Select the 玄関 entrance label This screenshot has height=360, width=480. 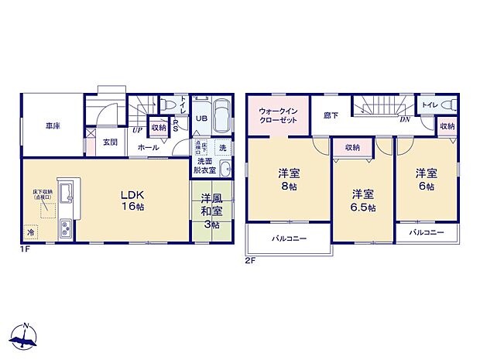pos(110,142)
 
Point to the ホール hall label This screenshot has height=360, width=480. pos(148,147)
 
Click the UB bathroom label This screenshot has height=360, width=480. pos(200,118)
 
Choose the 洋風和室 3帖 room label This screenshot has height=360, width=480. pos(211,210)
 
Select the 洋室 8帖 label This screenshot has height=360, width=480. pos(290,180)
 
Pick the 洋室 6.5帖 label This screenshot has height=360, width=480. pos(362,201)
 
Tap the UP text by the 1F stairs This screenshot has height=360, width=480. pos(136,130)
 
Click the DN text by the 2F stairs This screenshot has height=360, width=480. pos(404,119)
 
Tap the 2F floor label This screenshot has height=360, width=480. pos(250,260)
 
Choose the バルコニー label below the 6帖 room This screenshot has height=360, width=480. pos(426,232)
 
